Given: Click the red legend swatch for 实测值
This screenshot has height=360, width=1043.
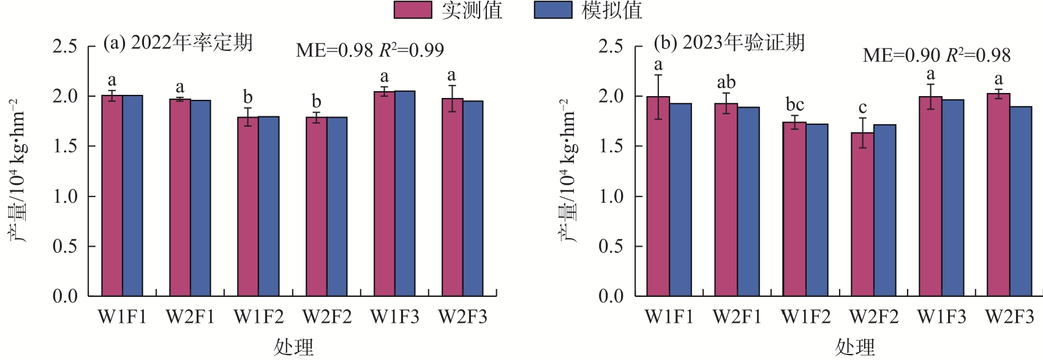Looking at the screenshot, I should [413, 10].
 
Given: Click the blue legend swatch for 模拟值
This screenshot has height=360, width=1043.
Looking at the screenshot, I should [553, 10].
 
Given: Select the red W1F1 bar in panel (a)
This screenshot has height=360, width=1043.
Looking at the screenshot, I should [112, 196].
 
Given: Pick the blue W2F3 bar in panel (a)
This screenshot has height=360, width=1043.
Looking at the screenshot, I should [473, 199].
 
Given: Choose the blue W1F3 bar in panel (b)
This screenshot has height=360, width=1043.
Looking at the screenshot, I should [953, 198].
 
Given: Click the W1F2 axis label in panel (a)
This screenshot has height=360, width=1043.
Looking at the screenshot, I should [258, 317].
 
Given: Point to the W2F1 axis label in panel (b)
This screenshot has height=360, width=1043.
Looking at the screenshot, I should [737, 317].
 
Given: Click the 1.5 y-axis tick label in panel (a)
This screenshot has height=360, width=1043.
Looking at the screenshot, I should [65, 146].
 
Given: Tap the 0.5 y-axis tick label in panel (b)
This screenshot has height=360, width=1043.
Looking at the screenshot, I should [611, 246].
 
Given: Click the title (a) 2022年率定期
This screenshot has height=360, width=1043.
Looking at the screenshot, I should [178, 43].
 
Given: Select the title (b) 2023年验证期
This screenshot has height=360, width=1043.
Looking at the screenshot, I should [729, 43].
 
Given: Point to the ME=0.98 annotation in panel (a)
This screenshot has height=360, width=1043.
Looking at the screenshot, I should [334, 50].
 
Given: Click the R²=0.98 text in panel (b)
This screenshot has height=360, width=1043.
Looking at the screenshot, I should [978, 55].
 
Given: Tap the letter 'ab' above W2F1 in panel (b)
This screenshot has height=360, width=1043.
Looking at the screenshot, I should [726, 82].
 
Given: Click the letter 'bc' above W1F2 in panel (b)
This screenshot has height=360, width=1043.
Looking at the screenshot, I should [794, 105].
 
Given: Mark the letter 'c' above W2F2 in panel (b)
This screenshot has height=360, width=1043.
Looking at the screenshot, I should [862, 108].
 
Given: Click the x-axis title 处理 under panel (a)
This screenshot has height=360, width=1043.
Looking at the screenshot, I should [293, 347].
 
